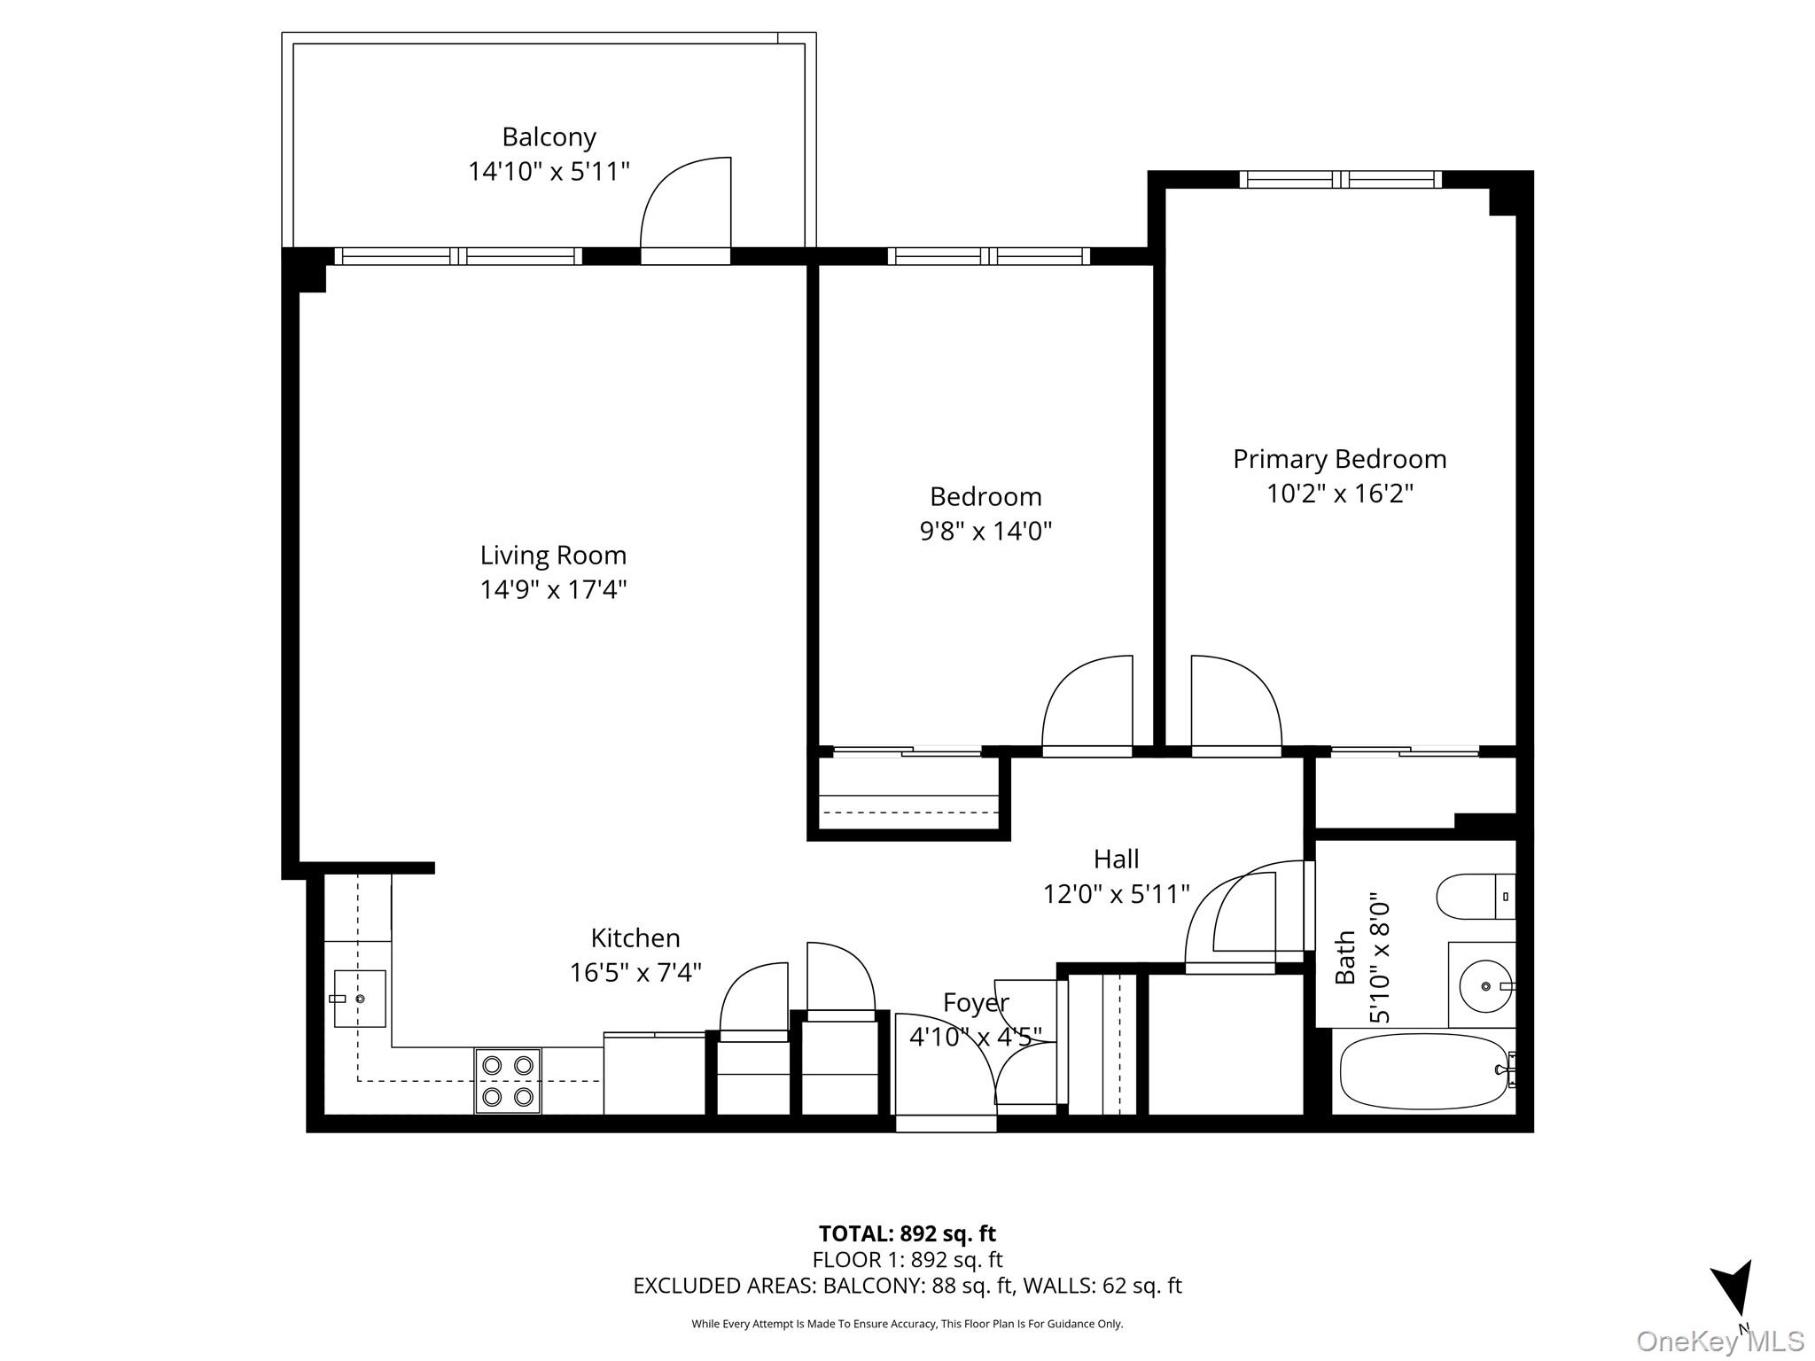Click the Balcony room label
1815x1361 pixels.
(549, 137)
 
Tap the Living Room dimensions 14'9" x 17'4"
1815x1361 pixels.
(553, 589)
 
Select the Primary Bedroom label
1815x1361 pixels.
(1339, 459)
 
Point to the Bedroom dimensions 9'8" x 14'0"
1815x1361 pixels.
(985, 531)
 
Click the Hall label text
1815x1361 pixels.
(1116, 859)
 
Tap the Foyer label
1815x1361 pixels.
(975, 1003)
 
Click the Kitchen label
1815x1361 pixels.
(635, 937)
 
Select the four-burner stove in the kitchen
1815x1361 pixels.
(508, 1081)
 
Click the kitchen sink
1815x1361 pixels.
(360, 999)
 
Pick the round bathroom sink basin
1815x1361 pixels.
(1485, 986)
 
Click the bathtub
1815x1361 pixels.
(1423, 1071)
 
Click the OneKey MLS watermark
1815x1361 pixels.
(1720, 1342)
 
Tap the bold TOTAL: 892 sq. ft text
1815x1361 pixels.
(907, 1233)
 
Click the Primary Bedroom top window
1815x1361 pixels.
(1340, 180)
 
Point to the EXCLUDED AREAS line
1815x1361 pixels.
(907, 1286)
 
